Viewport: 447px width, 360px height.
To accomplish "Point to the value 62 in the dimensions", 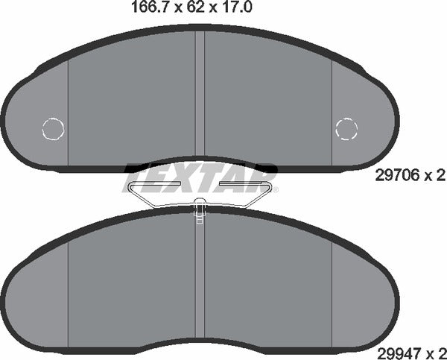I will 180,9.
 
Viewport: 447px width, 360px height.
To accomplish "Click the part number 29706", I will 396,175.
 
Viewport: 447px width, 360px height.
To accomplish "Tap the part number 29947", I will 396,347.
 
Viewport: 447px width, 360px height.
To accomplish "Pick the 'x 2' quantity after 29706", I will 434,175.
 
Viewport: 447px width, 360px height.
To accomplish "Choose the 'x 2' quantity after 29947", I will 434,347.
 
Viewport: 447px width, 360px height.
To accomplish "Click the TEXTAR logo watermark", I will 199,177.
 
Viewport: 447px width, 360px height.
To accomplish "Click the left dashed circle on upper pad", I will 54,129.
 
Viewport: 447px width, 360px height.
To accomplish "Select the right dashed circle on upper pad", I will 347,129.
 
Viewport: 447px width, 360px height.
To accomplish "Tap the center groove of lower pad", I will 200,283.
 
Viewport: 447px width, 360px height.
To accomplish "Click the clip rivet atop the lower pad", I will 200,209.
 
